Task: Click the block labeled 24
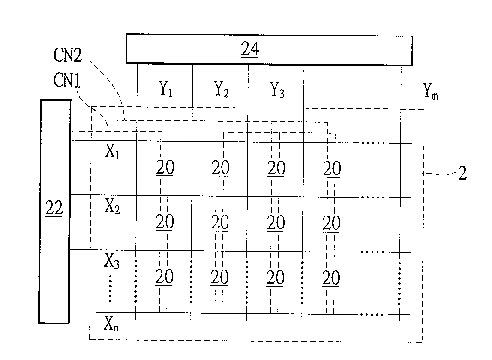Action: [x=269, y=49]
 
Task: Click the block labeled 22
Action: [x=55, y=210]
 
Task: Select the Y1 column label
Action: [x=166, y=90]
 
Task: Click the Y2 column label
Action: [x=222, y=90]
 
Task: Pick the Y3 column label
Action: [x=277, y=90]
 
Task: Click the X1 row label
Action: [x=112, y=153]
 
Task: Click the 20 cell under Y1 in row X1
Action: [x=164, y=168]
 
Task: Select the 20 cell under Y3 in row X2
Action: [x=276, y=223]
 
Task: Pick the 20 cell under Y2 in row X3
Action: [x=220, y=278]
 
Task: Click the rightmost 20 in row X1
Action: [x=331, y=169]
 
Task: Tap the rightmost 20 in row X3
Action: [x=330, y=278]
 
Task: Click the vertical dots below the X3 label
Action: [x=111, y=289]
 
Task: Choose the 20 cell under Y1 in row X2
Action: [x=164, y=222]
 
